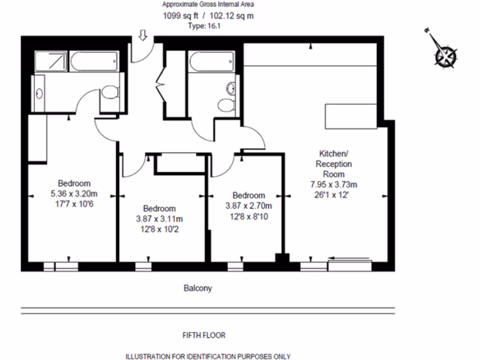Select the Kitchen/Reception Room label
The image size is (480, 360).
(x=333, y=164)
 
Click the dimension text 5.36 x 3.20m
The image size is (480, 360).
(x=74, y=194)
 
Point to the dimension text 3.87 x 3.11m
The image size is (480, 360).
(x=159, y=219)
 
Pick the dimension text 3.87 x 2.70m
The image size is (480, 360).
(x=249, y=205)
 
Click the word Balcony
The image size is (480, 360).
(x=197, y=288)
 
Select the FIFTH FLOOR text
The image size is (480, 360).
(x=203, y=335)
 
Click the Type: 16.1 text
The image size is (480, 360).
(x=204, y=26)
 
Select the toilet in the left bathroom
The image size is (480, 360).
(x=110, y=93)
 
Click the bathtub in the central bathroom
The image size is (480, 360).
(x=210, y=61)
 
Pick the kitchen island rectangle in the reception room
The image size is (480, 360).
(x=351, y=116)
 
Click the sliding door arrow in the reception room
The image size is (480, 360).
(x=349, y=257)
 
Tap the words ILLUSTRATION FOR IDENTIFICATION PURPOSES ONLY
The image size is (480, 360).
(x=208, y=356)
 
